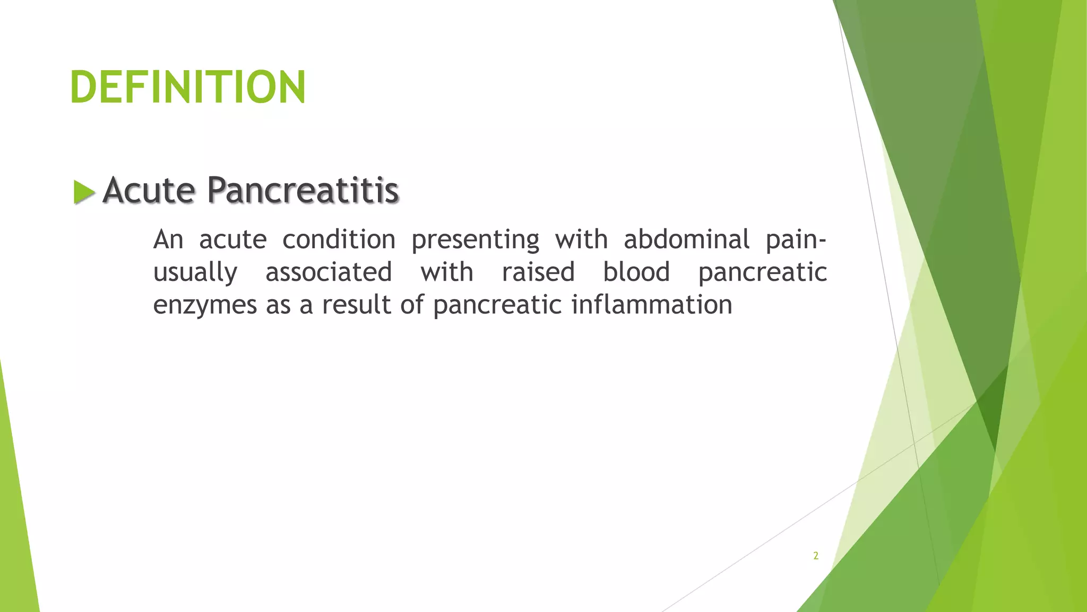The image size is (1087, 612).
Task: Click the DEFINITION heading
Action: (x=188, y=87)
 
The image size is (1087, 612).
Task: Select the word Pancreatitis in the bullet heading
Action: (x=303, y=190)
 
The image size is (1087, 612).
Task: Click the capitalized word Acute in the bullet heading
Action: (x=149, y=190)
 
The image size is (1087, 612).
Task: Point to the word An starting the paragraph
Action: (x=168, y=240)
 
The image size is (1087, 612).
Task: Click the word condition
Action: (x=339, y=240)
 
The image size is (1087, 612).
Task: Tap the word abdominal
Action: (x=686, y=240)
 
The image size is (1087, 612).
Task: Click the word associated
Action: (x=329, y=273)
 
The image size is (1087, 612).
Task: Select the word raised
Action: (x=538, y=273)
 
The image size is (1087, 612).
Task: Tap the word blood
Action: (x=636, y=273)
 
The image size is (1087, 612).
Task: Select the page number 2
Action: (x=816, y=556)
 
